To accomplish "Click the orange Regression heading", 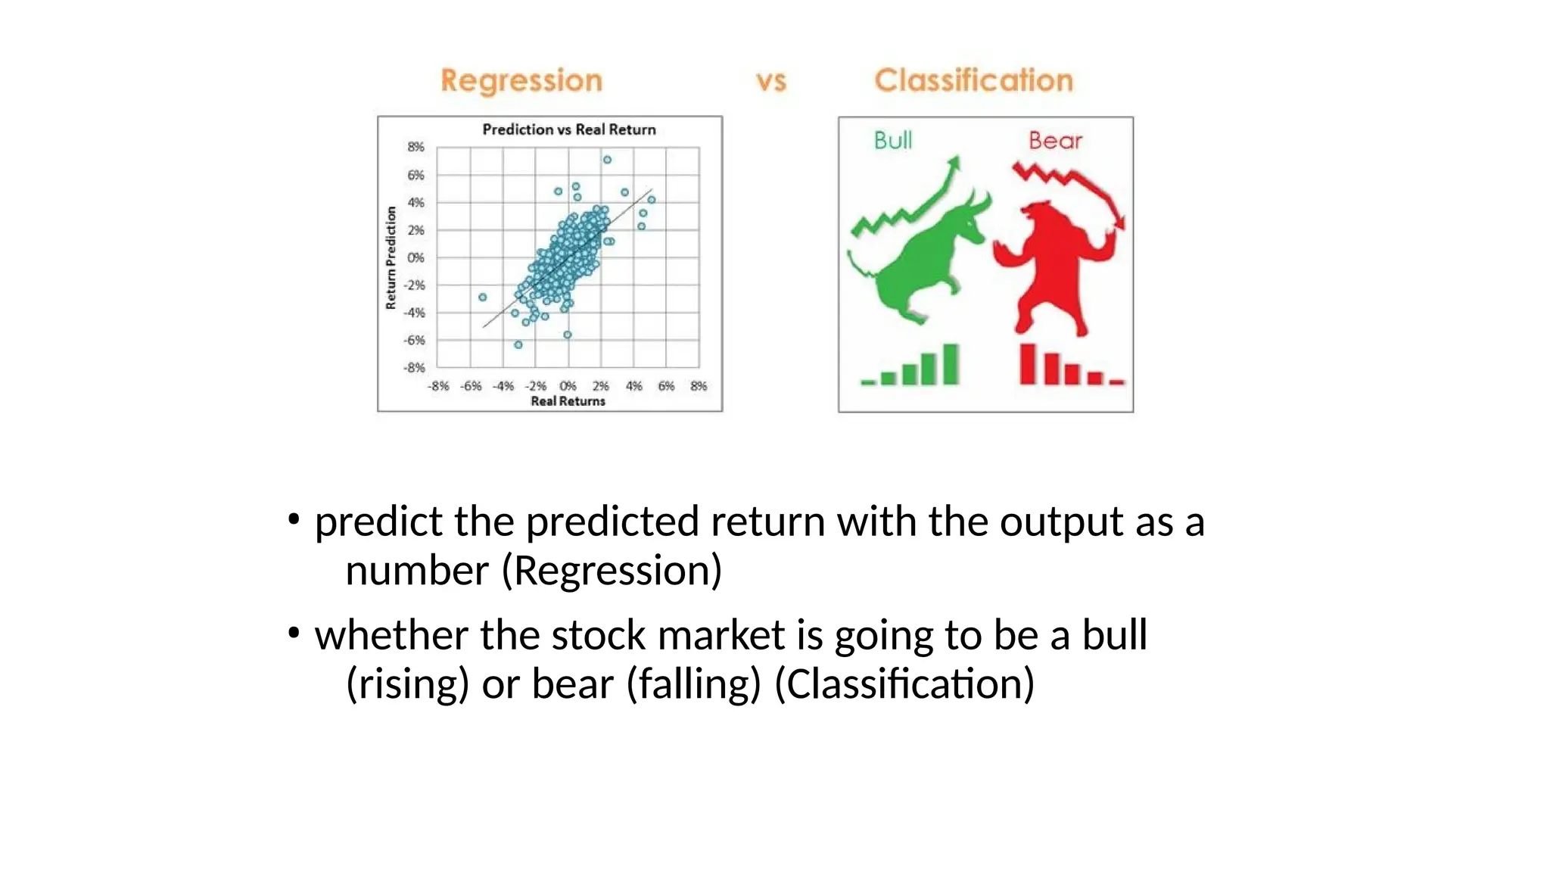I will tap(521, 80).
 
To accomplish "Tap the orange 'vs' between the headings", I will tap(771, 81).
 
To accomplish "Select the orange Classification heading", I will tap(973, 80).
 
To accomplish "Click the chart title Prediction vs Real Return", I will tap(569, 129).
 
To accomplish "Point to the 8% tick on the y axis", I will tap(416, 147).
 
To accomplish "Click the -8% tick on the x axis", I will tap(438, 386).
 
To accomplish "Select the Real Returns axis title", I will tap(568, 401).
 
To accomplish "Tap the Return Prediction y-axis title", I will tap(391, 258).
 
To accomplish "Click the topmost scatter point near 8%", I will tap(607, 160).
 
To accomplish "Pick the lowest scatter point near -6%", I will tap(518, 344).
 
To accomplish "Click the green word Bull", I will tap(893, 140).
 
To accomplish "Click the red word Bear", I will tap(1055, 140).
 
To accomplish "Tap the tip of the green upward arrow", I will tap(956, 159).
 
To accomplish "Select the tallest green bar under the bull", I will tap(951, 364).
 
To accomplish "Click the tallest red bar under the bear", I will tap(1027, 364).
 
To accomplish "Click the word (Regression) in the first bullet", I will tap(612, 570).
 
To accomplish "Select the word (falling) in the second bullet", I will tap(693, 684).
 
